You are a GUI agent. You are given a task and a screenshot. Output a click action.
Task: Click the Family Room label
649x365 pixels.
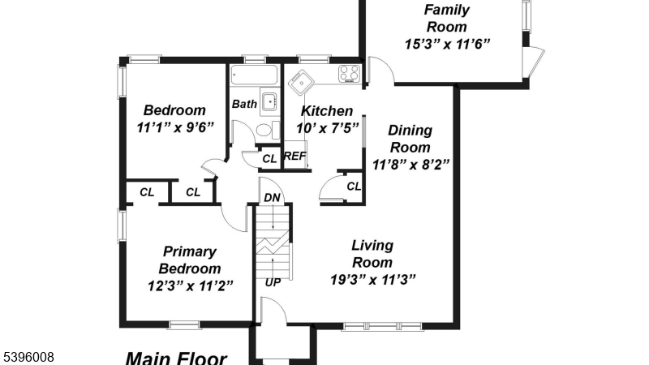pos(446,18)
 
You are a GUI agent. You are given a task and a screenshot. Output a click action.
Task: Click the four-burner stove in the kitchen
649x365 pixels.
pos(349,74)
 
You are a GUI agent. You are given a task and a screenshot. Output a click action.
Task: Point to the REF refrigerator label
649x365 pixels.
pos(294,156)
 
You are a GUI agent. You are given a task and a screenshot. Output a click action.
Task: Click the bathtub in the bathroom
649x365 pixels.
pos(253,76)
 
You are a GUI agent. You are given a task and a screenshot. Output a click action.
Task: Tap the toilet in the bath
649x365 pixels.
pos(264,131)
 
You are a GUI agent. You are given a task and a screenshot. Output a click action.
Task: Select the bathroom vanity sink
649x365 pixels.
pos(269,103)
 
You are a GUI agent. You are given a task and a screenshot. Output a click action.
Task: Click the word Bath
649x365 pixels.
pos(244,104)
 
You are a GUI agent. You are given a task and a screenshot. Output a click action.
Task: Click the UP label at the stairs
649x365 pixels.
pos(273,282)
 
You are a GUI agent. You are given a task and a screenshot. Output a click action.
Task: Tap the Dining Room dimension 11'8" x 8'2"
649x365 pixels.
pos(410,164)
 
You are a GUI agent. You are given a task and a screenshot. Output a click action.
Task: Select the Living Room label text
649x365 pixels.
pos(372,254)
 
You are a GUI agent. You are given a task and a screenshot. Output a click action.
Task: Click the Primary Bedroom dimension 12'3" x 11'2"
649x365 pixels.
pos(190,285)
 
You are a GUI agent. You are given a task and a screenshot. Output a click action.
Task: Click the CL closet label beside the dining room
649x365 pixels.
pos(353,187)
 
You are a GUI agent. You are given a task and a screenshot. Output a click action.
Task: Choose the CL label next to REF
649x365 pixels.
pos(269,157)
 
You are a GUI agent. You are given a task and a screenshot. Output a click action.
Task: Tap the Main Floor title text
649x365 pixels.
pos(176,357)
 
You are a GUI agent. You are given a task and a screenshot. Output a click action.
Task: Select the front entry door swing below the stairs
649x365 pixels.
pos(273,311)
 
